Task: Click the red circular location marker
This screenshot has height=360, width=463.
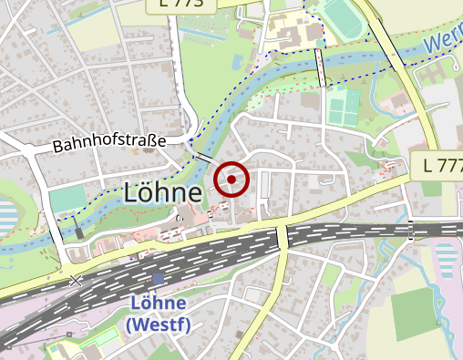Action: click(231, 180)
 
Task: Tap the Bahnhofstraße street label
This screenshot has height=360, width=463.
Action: click(108, 143)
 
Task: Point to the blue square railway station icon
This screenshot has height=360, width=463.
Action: click(159, 278)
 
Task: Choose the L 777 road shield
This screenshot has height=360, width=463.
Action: click(444, 166)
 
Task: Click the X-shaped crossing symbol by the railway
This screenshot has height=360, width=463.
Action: click(76, 281)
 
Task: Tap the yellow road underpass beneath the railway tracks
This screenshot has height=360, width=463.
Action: click(283, 236)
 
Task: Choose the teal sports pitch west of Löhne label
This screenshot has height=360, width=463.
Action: click(65, 198)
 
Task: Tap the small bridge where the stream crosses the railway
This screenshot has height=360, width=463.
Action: click(411, 229)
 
